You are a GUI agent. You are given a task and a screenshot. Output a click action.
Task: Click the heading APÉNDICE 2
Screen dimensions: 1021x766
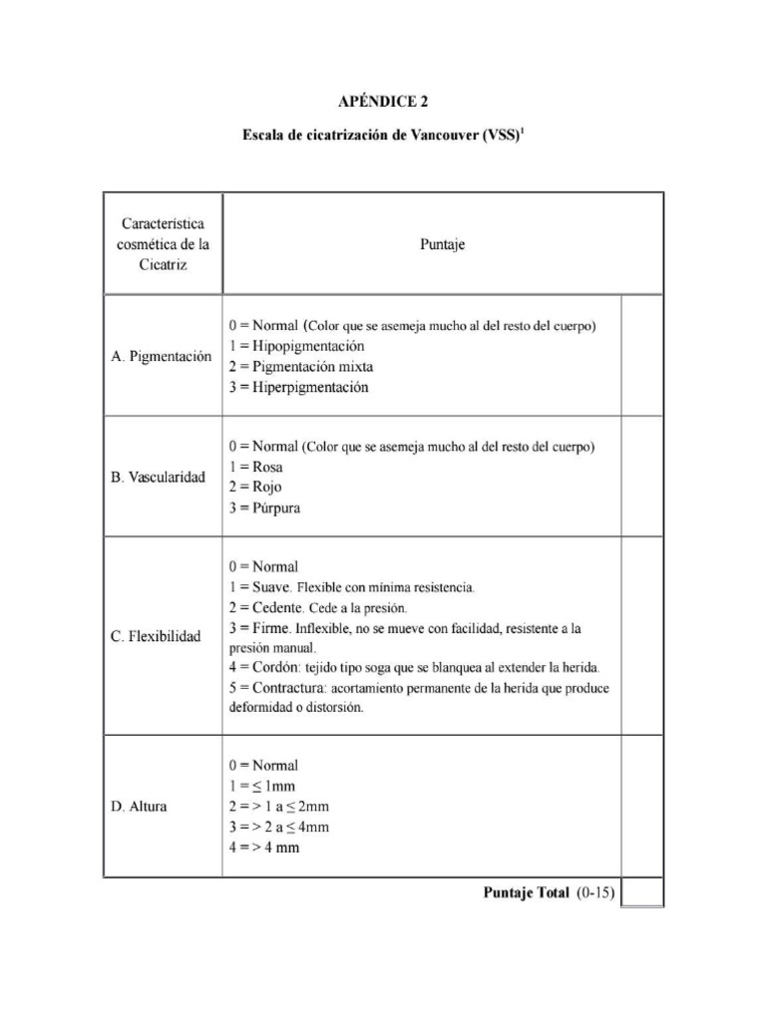[382, 101]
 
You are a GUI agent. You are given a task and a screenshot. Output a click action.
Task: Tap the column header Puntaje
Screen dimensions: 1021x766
[442, 242]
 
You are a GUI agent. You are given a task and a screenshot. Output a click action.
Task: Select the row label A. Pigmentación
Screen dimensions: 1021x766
[162, 356]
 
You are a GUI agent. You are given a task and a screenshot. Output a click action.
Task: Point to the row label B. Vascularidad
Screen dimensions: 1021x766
[159, 477]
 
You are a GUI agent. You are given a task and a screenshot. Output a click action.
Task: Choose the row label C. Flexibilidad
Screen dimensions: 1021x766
[157, 636]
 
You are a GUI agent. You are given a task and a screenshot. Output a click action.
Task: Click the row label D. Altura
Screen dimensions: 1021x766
[140, 807]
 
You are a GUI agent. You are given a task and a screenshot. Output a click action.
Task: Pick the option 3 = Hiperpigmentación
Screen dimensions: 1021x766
[298, 388]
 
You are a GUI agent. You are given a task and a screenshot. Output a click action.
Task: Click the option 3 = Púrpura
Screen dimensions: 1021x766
[264, 509]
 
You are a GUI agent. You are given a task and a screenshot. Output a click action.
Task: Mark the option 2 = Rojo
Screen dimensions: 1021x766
[255, 488]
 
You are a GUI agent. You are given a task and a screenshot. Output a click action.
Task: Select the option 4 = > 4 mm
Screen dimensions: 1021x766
[264, 849]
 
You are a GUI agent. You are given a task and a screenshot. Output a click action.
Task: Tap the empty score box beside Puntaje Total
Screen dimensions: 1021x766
[642, 892]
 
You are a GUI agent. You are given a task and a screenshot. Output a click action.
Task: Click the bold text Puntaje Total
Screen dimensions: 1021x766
[526, 893]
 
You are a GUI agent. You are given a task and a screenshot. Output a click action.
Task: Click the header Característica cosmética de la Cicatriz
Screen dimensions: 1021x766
[163, 244]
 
